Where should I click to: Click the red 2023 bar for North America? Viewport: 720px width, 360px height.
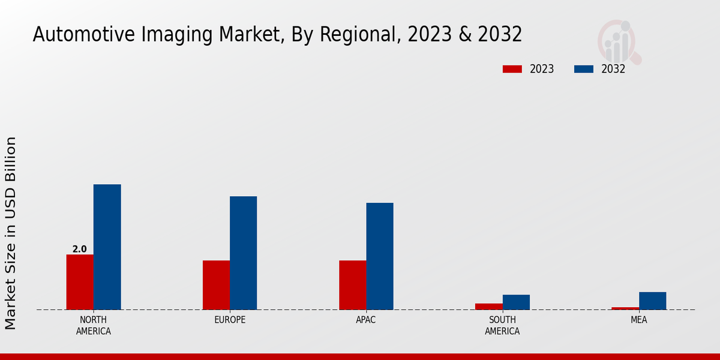(x=80, y=282)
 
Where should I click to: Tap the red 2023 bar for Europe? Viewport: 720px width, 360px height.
(x=216, y=285)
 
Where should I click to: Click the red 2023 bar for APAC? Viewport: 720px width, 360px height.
(x=352, y=285)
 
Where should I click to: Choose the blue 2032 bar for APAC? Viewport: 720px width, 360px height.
(x=380, y=256)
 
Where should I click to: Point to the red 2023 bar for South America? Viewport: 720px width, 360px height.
(x=488, y=307)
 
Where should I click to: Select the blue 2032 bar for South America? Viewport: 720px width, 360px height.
(x=516, y=302)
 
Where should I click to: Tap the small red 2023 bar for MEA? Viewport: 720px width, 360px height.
(x=625, y=308)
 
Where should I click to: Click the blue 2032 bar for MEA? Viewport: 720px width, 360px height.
(x=652, y=301)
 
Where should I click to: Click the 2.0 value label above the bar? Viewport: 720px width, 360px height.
(x=79, y=249)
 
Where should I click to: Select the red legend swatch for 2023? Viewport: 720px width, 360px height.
(x=512, y=69)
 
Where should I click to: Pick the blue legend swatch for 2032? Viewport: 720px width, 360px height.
(x=583, y=69)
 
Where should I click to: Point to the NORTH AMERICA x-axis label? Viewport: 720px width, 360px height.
(x=93, y=325)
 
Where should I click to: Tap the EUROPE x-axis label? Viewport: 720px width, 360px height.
(x=230, y=320)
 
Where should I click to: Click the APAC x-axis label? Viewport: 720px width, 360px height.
(x=365, y=320)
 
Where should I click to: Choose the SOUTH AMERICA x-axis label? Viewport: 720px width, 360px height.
(x=502, y=325)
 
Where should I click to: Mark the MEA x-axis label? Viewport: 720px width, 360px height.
(x=638, y=320)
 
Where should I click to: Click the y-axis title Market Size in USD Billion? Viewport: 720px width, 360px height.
(x=11, y=233)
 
